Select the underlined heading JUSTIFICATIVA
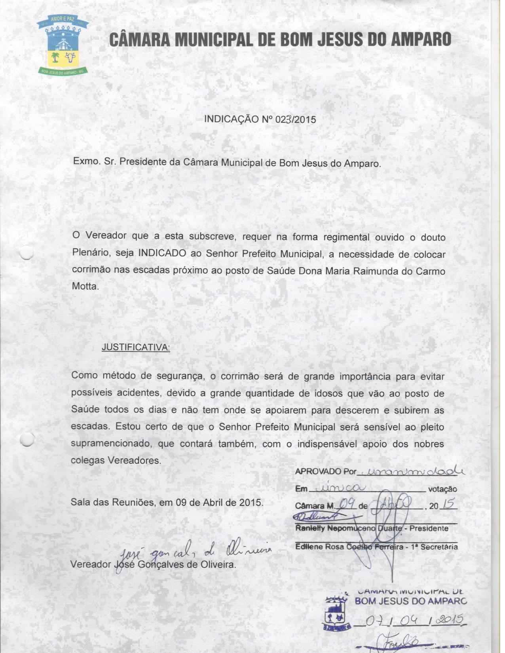tap(136, 347)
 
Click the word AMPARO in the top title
tap(421, 40)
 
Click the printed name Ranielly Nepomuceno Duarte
tap(348, 528)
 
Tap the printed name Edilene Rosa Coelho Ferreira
tap(348, 547)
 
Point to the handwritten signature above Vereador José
tap(190, 551)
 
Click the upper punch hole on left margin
tap(26, 252)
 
